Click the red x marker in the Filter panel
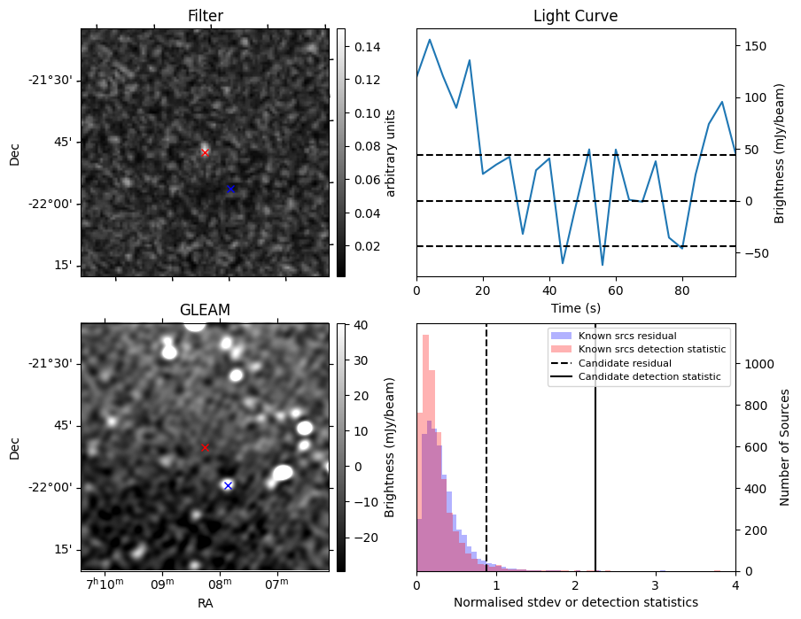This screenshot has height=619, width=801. [x=205, y=152]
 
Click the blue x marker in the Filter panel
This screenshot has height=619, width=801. [x=230, y=189]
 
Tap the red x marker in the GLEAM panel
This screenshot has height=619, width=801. [x=205, y=448]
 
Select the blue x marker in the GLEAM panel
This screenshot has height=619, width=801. [x=228, y=485]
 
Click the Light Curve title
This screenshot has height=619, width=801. [x=575, y=16]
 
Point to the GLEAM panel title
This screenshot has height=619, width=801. [x=205, y=310]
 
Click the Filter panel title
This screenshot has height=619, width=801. [x=205, y=16]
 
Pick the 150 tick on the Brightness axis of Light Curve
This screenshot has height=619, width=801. [x=754, y=46]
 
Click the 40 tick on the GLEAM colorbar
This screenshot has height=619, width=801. [x=354, y=325]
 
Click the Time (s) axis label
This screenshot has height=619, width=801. [x=575, y=306]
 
